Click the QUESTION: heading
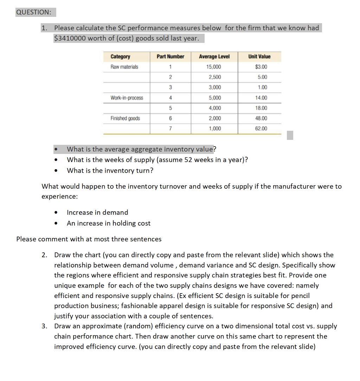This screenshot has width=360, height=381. [x=33, y=12]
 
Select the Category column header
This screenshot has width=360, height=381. [x=120, y=57]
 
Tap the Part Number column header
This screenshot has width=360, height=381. [x=170, y=57]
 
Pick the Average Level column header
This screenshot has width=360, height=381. [x=214, y=57]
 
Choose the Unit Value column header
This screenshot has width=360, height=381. [x=259, y=57]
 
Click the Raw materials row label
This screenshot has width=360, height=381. [x=124, y=67]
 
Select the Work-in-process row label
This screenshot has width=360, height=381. [x=127, y=98]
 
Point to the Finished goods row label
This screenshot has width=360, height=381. [x=125, y=118]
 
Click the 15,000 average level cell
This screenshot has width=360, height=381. [x=214, y=67]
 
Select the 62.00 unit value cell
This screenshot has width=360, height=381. [x=261, y=129]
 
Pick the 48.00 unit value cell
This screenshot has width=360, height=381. [x=261, y=118]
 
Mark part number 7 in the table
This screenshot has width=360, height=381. [x=170, y=129]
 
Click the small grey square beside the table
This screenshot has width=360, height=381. [x=290, y=135]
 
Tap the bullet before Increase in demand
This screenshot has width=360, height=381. [x=56, y=213]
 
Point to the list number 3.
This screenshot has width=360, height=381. [x=44, y=326]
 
